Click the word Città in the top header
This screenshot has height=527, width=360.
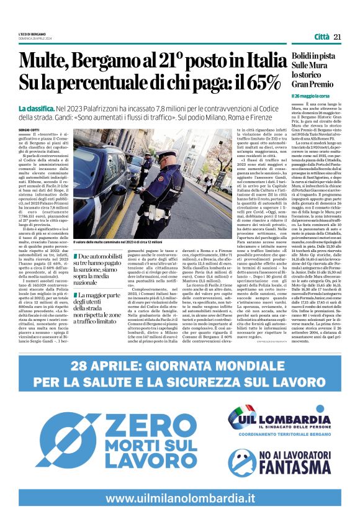[x=321, y=37]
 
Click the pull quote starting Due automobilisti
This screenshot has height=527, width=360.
[x=100, y=268]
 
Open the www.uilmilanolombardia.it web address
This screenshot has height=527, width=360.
[x=179, y=498]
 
